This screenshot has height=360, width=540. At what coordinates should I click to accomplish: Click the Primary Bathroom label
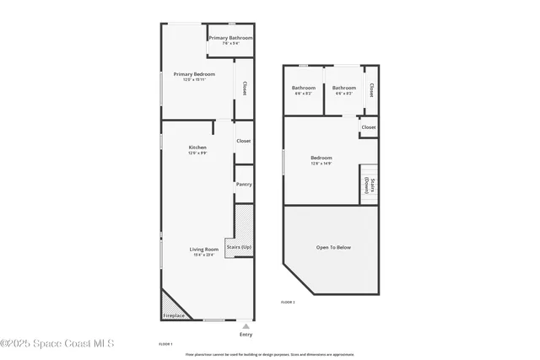click(x=230, y=38)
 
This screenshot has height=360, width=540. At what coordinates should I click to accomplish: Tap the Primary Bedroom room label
click(x=194, y=74)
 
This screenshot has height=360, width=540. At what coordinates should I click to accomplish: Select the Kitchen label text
click(x=197, y=148)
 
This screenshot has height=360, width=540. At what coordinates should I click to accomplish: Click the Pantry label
click(x=244, y=184)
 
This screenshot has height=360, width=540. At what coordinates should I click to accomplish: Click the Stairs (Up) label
click(x=239, y=247)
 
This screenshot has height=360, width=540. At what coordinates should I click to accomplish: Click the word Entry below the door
click(x=246, y=335)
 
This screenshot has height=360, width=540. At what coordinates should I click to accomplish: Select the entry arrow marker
click(x=246, y=325)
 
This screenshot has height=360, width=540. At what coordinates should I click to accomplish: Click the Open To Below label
click(x=333, y=247)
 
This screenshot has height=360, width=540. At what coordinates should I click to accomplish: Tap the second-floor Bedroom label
click(x=321, y=158)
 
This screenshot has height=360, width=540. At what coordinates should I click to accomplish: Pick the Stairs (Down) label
click(x=369, y=185)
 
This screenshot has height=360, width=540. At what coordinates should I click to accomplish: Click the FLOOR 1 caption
click(x=166, y=344)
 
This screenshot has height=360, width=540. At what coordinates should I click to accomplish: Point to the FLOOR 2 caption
click(x=288, y=301)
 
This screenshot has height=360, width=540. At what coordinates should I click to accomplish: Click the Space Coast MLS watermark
click(x=57, y=343)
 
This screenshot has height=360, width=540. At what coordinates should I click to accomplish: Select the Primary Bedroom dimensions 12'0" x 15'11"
click(x=194, y=80)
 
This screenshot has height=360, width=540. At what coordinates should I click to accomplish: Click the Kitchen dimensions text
click(x=197, y=153)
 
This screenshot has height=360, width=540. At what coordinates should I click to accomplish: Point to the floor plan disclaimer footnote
click(x=270, y=354)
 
